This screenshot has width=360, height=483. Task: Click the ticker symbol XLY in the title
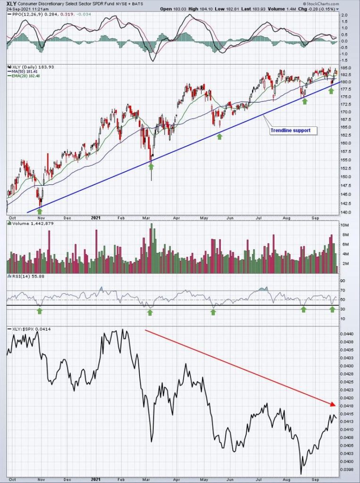12,3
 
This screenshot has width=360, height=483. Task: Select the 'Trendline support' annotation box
291,130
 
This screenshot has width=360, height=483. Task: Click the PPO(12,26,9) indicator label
27,15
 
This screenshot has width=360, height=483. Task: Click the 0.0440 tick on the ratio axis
348,333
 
